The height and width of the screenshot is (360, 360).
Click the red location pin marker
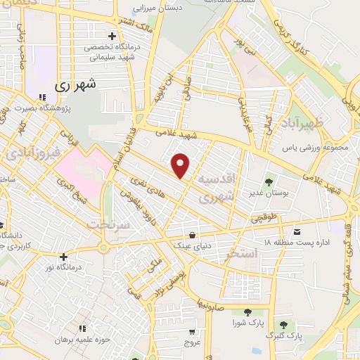(181, 165)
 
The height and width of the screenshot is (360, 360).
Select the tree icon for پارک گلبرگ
(283, 325)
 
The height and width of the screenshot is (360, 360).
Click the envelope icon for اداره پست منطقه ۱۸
(297, 231)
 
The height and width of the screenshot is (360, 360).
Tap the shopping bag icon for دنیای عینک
(192, 236)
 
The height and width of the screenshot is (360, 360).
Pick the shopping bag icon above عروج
(192, 331)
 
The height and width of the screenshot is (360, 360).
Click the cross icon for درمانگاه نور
(63, 257)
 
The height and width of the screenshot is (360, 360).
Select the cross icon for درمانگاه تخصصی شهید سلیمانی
(112, 36)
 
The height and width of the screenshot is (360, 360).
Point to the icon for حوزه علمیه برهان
(82, 328)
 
